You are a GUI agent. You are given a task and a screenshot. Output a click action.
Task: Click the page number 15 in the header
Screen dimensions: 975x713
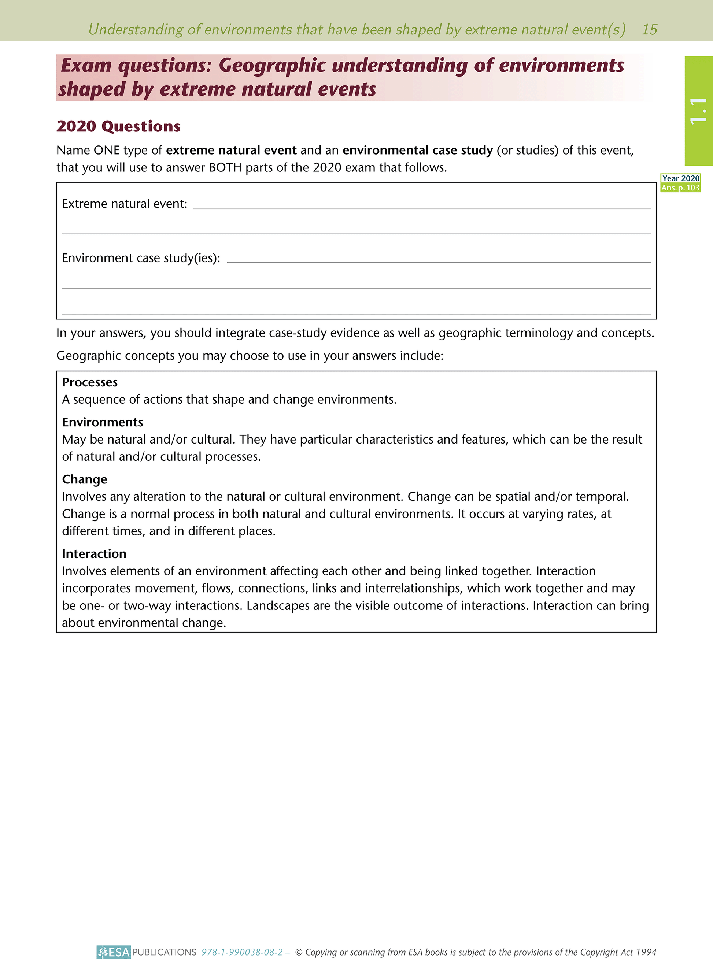pyautogui.click(x=649, y=29)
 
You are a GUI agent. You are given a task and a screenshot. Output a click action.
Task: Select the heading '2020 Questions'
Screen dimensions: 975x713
pyautogui.click(x=118, y=126)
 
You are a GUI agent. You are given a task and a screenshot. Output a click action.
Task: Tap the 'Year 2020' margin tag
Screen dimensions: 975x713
pyautogui.click(x=680, y=178)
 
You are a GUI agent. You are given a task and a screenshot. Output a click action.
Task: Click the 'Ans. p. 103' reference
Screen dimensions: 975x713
pyautogui.click(x=680, y=188)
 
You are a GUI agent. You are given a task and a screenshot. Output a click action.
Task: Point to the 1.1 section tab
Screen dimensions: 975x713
pyautogui.click(x=698, y=111)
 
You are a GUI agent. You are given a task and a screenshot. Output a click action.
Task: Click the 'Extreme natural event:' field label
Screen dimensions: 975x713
pyautogui.click(x=124, y=204)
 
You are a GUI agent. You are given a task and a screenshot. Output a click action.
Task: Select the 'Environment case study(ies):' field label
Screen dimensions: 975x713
pyautogui.click(x=141, y=258)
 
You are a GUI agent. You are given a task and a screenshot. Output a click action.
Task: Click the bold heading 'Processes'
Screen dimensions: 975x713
pyautogui.click(x=90, y=382)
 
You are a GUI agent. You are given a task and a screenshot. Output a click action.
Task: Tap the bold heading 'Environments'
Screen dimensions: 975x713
pyautogui.click(x=102, y=422)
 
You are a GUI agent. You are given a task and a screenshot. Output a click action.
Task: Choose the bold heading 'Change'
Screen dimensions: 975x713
pyautogui.click(x=85, y=479)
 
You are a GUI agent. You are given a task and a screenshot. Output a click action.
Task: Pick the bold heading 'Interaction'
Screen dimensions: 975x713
pyautogui.click(x=94, y=553)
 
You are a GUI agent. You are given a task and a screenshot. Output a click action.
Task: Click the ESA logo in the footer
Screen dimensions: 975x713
pyautogui.click(x=114, y=952)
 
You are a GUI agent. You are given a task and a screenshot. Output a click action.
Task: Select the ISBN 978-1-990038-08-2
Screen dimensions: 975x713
pyautogui.click(x=242, y=952)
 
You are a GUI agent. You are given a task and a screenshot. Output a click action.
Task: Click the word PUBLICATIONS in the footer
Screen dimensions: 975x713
pyautogui.click(x=164, y=952)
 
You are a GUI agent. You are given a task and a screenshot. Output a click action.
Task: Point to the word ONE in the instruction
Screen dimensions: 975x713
pyautogui.click(x=106, y=150)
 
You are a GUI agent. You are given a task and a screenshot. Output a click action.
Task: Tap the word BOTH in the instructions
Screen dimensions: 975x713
pyautogui.click(x=225, y=167)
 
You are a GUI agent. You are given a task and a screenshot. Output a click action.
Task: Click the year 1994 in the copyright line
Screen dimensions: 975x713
pyautogui.click(x=646, y=952)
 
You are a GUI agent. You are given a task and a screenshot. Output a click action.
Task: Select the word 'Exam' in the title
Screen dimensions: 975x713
pyautogui.click(x=86, y=66)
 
